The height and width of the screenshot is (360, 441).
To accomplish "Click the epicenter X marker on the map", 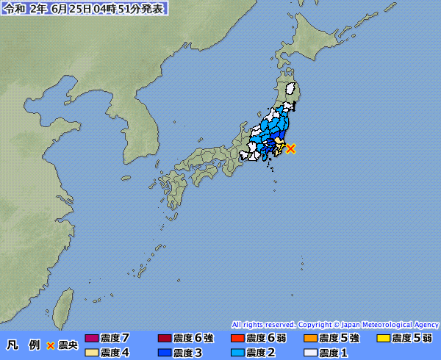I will tap(291, 148).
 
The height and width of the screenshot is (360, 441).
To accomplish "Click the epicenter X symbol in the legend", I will tap(51, 345).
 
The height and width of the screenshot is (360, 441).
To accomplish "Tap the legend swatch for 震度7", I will tap(92, 339).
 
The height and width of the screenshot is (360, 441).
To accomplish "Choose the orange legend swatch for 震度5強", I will tap(310, 339).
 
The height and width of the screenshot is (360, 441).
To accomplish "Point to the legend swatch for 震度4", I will tap(92, 353).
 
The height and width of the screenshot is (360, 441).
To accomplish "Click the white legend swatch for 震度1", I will tap(310, 353).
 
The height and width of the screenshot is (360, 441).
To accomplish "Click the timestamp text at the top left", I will tap(84, 9).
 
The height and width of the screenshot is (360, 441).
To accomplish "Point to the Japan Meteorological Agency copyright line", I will tap(335, 324).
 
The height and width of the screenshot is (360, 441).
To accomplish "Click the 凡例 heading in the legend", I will tap(23, 345).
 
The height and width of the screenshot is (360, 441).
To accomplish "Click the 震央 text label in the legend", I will tap(68, 345).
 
